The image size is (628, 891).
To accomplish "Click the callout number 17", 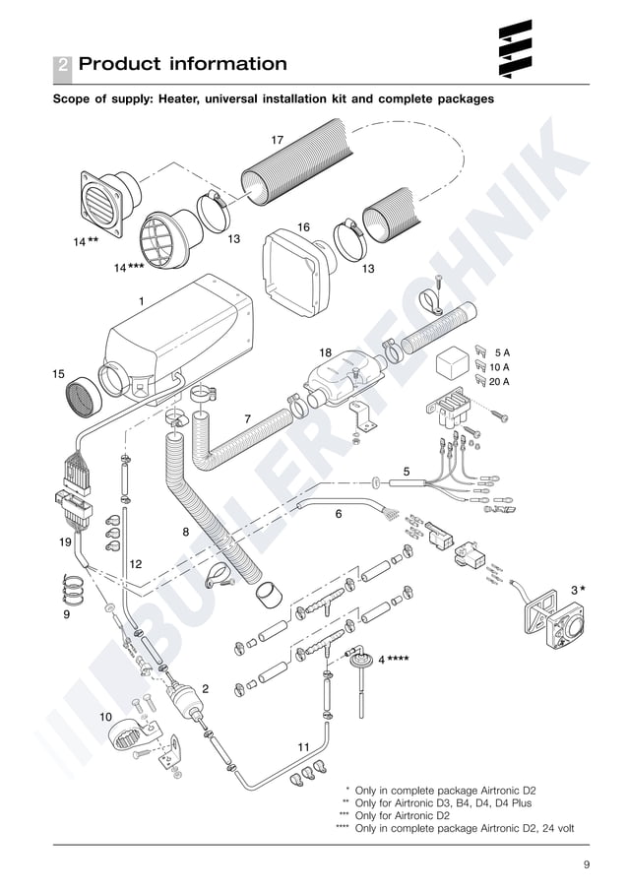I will coord(278,140).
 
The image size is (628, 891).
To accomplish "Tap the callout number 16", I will coord(303,227).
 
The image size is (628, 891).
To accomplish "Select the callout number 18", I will coord(325,351).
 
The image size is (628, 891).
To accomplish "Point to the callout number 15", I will coord(58,374).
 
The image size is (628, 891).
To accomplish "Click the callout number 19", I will coord(65,542).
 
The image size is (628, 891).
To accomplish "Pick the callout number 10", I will coord(105,717).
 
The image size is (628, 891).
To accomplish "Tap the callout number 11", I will coord(303,746).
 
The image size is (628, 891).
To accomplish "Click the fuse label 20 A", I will coord(499,381).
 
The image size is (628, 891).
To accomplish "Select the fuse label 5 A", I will coord(502,351).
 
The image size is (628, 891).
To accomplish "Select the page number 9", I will coord(586,864).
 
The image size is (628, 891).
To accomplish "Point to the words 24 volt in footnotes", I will coord(551,828).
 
